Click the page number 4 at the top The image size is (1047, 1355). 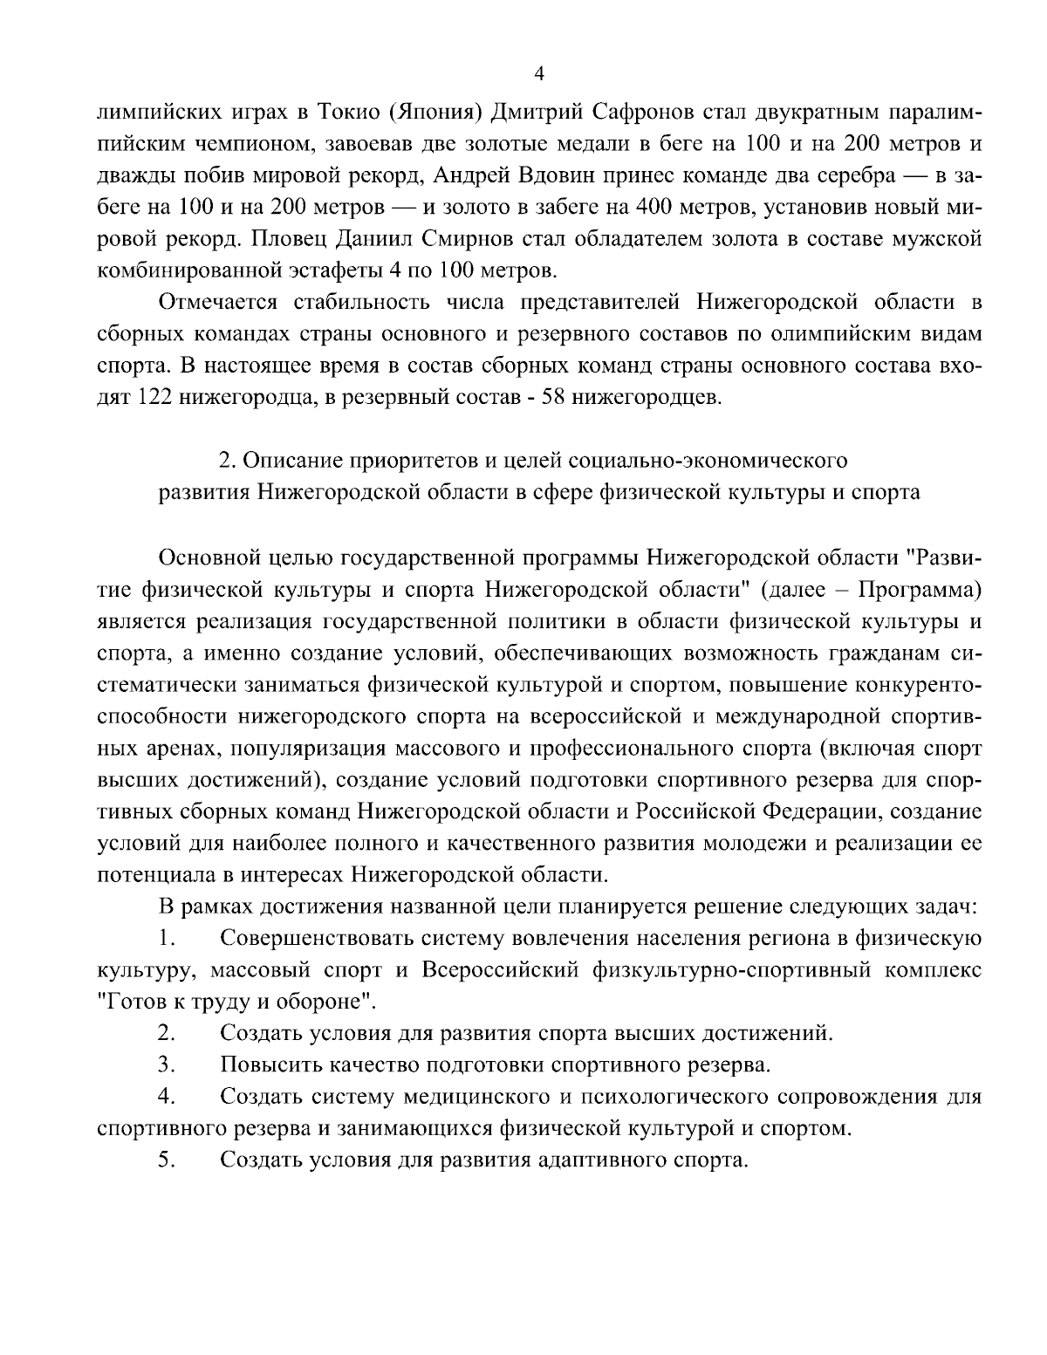pos(538,74)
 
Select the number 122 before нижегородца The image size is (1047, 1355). pos(158,398)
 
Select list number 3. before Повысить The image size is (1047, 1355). pos(168,1064)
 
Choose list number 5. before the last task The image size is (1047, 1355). pos(168,1160)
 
